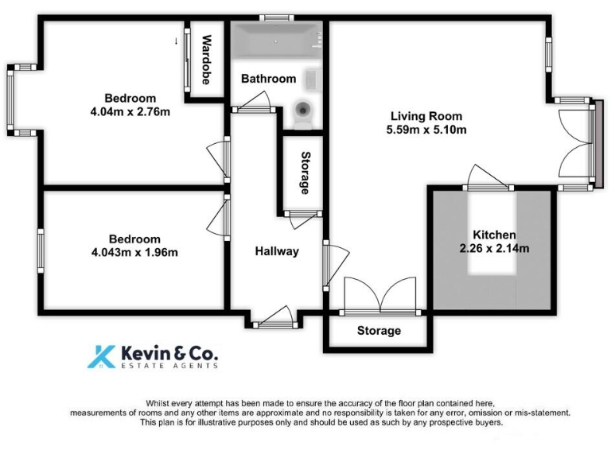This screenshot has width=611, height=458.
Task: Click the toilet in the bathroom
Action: pyautogui.click(x=303, y=113)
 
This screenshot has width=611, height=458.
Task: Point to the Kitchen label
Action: pyautogui.click(x=494, y=235)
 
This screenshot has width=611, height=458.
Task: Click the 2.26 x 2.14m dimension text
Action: pyautogui.click(x=494, y=248)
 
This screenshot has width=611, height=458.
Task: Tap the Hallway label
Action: pyautogui.click(x=276, y=251)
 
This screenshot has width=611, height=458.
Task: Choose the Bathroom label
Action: pyautogui.click(x=268, y=79)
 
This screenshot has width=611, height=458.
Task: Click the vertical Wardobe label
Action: pyautogui.click(x=206, y=60)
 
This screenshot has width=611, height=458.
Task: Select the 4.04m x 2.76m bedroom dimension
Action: pyautogui.click(x=130, y=111)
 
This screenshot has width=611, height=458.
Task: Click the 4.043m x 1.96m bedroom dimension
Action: pyautogui.click(x=134, y=253)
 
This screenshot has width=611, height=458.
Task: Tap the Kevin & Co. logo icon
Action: pyautogui.click(x=101, y=356)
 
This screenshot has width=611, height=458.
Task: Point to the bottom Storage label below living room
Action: pyautogui.click(x=378, y=331)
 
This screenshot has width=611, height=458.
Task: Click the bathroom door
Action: pyautogui.click(x=254, y=101)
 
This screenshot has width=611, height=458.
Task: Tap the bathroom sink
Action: pyautogui.click(x=312, y=79)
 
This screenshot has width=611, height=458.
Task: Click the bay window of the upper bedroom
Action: pyautogui.click(x=13, y=100)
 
